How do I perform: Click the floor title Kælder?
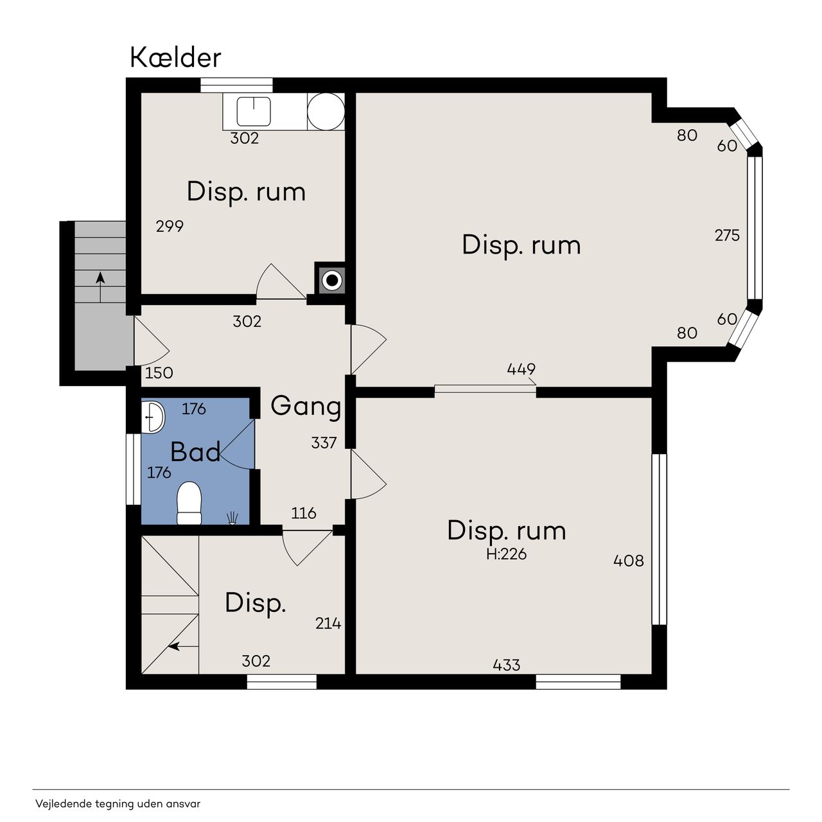pyautogui.click(x=175, y=58)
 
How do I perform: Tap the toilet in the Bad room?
pyautogui.click(x=189, y=503)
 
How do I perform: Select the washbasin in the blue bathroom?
pyautogui.click(x=153, y=417)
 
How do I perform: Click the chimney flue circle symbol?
pyautogui.click(x=332, y=281)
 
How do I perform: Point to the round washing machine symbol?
pyautogui.click(x=326, y=112)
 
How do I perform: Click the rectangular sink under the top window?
pyautogui.click(x=254, y=111)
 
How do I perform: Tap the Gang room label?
pyautogui.click(x=306, y=407)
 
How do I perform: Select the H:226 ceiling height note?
pyautogui.click(x=506, y=554)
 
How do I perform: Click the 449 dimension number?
pyautogui.click(x=521, y=369)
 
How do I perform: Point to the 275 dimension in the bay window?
pyautogui.click(x=727, y=235)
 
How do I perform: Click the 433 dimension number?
pyautogui.click(x=506, y=665)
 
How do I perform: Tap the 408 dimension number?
pyautogui.click(x=628, y=560)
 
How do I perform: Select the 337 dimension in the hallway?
pyautogui.click(x=324, y=442)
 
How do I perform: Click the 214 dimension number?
pyautogui.click(x=328, y=624)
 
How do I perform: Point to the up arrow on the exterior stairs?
pyautogui.click(x=100, y=288)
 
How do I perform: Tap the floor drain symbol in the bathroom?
pyautogui.click(x=232, y=518)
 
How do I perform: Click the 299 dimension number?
pyautogui.click(x=170, y=226)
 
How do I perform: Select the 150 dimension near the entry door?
pyautogui.click(x=159, y=373)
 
